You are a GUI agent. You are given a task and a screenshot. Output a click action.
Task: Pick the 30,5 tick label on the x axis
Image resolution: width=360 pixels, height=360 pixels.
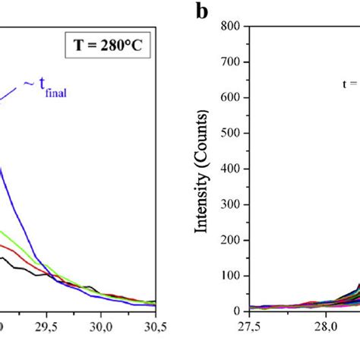[155, 326]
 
